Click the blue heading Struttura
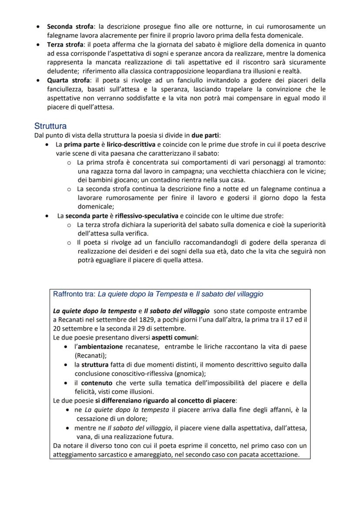tap(50, 126)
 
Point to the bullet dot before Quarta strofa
tap(39, 80)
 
